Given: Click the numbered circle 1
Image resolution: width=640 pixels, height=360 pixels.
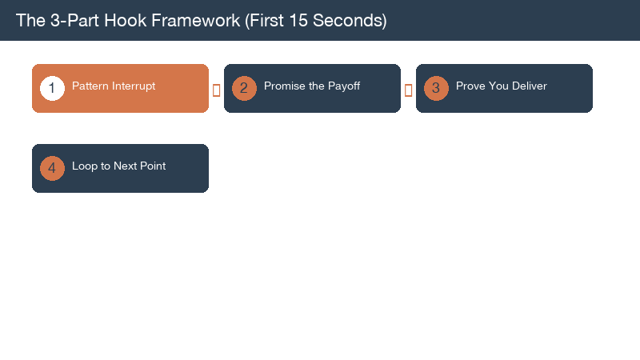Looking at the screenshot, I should click(x=52, y=88).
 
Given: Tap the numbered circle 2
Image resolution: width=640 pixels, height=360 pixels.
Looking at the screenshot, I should click(x=244, y=88).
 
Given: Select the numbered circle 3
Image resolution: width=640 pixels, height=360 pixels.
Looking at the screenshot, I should click(x=436, y=88).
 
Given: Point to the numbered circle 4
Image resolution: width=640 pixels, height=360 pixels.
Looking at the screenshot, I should click(x=52, y=168).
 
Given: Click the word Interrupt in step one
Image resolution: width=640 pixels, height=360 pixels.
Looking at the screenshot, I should click(x=134, y=86).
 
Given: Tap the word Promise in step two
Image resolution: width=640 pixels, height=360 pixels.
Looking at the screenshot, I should click(x=284, y=86).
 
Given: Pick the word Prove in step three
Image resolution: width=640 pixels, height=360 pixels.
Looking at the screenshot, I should click(x=470, y=86).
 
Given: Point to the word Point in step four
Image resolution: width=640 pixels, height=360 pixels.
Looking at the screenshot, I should click(x=151, y=166).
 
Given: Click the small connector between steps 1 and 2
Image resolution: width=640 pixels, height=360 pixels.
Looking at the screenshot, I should click(x=216, y=90).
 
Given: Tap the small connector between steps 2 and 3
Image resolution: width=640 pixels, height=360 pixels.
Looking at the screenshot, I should click(x=408, y=90).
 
